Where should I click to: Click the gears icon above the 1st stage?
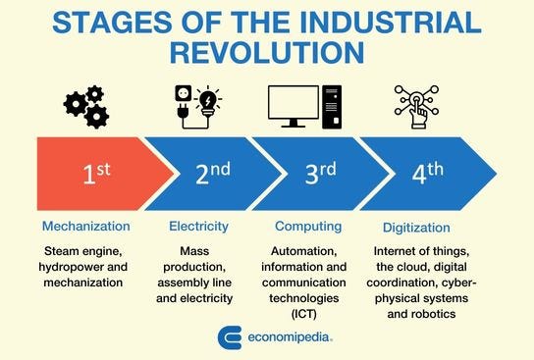click(x=85, y=106)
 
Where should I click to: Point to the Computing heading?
click(x=307, y=227)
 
